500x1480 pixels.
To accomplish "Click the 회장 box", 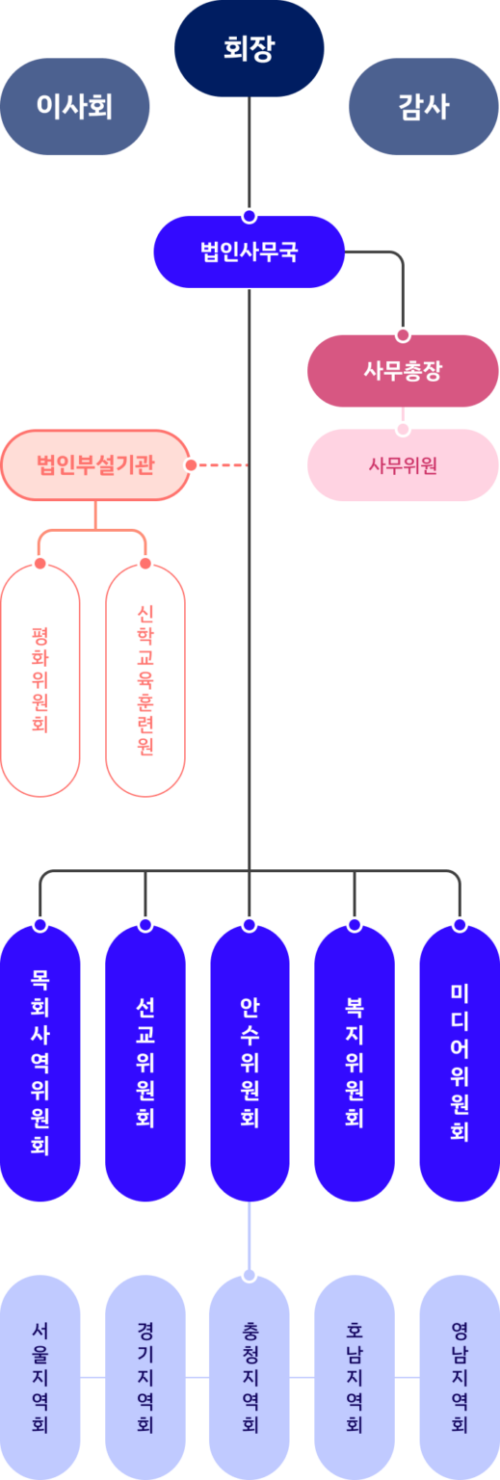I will pos(250,48).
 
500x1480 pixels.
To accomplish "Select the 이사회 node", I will pos(75,106).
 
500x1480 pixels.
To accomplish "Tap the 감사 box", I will pos(424,106).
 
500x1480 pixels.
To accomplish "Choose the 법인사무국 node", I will pos(250,252).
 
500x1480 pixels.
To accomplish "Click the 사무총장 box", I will pos(403,371).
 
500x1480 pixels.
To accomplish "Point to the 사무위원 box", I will pos(403,465).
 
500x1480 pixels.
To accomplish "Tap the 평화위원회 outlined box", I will pos(39,679).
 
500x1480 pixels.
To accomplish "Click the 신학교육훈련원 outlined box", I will pos(145,679).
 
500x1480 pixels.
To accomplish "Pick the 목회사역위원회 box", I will pos(39,1062).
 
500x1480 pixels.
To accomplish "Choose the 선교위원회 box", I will pos(145,1062).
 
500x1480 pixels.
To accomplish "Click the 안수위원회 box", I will pos(250,1062).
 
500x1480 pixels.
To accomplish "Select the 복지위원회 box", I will pos(355,1062).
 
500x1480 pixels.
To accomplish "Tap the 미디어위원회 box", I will pos(460,1062).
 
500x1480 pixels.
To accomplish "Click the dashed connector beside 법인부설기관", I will pos(224,465).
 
